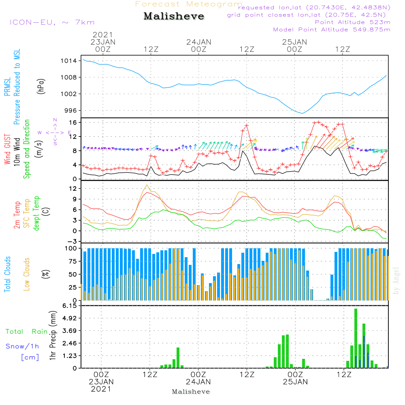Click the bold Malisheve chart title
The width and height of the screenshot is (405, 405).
click(174, 17)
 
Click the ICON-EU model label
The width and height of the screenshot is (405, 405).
click(52, 22)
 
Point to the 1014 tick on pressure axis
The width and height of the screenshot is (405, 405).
click(69, 61)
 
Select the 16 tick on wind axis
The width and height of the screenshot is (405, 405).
click(72, 122)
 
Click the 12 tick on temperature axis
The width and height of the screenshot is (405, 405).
click(72, 188)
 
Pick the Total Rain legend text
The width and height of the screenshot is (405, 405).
click(27, 331)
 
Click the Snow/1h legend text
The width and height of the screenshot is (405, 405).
click(22, 346)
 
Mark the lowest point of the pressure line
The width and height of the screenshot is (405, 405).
click(302, 113)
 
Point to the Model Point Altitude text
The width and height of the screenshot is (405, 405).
click(332, 30)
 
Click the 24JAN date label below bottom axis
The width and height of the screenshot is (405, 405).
click(198, 382)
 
